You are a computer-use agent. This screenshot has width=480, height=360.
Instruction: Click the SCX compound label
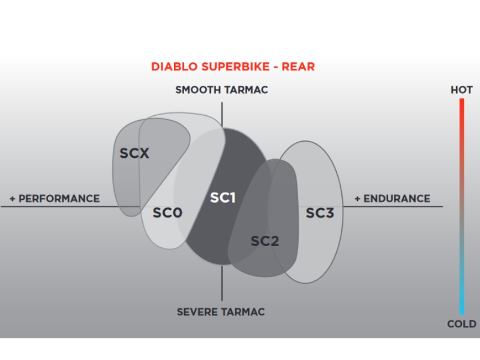click(134, 153)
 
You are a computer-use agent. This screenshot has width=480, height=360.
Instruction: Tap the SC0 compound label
click(167, 213)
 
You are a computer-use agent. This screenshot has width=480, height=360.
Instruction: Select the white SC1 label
click(223, 198)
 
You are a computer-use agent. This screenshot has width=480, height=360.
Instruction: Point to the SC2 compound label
click(265, 241)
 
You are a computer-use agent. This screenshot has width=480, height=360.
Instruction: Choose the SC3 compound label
click(320, 213)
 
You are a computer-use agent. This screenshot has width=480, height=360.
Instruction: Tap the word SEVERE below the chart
click(193, 312)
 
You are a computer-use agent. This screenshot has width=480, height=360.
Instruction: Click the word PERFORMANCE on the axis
click(59, 199)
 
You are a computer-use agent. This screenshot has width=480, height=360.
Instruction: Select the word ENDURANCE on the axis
click(397, 199)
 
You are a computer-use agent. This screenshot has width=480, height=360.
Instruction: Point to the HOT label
click(461, 90)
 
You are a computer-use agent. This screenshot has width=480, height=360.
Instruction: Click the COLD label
click(461, 324)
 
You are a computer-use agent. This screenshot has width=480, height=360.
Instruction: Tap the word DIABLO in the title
click(174, 67)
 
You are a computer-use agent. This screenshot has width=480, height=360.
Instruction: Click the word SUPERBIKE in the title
click(235, 67)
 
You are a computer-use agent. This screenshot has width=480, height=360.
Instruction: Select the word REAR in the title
click(298, 67)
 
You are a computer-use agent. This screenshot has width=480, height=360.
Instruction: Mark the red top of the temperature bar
click(461, 100)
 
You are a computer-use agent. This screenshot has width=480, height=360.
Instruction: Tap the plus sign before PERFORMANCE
click(12, 199)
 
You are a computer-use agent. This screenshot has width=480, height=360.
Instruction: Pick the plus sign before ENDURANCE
click(357, 199)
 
